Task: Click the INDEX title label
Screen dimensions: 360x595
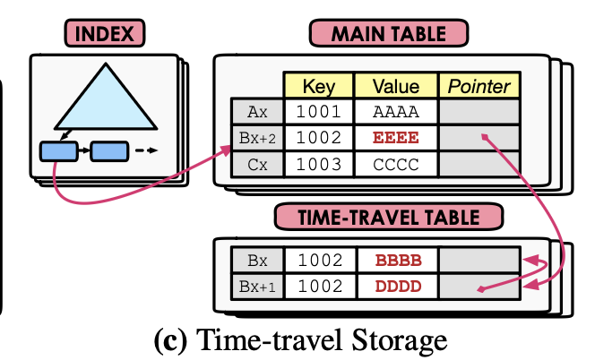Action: pyautogui.click(x=104, y=35)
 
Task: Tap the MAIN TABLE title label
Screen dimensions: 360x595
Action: pyautogui.click(x=389, y=35)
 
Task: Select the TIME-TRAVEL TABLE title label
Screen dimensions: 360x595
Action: pyautogui.click(x=389, y=216)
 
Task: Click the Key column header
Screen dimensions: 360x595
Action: pyautogui.click(x=319, y=87)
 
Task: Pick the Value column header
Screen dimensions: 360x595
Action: pyautogui.click(x=396, y=87)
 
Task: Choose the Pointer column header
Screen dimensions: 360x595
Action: pyautogui.click(x=479, y=87)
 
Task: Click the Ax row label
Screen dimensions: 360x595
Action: pyautogui.click(x=257, y=113)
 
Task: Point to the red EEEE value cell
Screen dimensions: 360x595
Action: pyautogui.click(x=396, y=139)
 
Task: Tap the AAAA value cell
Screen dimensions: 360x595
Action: pyautogui.click(x=396, y=113)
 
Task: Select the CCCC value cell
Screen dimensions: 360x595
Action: pyautogui.click(x=396, y=165)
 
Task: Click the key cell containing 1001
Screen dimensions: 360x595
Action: pyautogui.click(x=319, y=113)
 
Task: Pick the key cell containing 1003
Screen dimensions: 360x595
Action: pyautogui.click(x=319, y=165)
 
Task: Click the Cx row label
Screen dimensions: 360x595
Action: pyautogui.click(x=257, y=165)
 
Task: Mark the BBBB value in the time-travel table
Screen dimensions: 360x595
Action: pyautogui.click(x=396, y=261)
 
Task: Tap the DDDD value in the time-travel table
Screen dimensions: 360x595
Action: pyautogui.click(x=396, y=287)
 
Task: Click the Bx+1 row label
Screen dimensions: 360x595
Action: pyautogui.click(x=257, y=287)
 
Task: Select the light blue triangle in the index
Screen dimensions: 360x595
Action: pyautogui.click(x=104, y=99)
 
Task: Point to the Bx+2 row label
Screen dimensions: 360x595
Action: pyautogui.click(x=257, y=139)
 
